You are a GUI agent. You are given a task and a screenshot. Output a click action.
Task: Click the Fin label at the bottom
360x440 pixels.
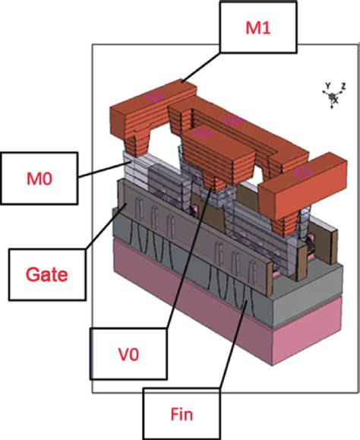coord(181,413)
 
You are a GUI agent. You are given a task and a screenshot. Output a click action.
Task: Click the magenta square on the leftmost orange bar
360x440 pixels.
coord(155,96)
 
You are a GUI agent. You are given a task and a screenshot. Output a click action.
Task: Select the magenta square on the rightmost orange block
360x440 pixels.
coord(303,173)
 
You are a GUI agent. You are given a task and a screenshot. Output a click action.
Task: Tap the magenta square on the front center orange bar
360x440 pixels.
coord(201,133)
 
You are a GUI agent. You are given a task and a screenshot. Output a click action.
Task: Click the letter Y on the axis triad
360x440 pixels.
coord(327,86)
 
